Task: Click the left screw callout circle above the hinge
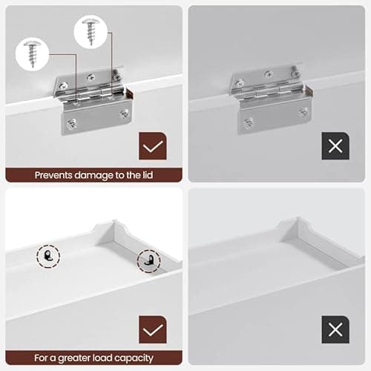32,53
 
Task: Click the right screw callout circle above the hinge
91,33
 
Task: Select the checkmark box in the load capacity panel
153,330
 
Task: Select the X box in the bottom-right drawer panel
335,330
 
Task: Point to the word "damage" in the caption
94,175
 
